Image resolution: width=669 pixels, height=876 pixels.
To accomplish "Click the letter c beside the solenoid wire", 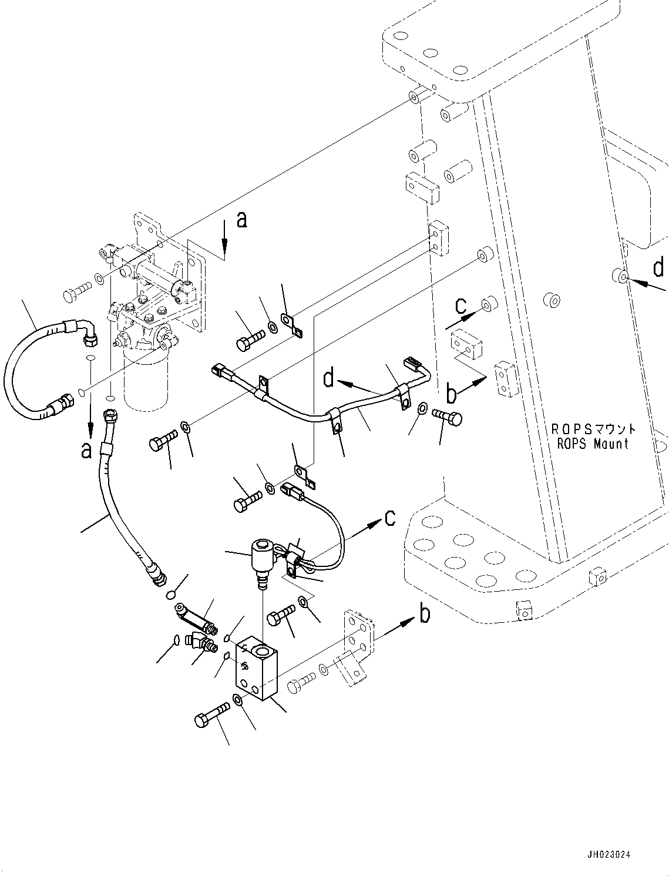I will coord(389,517).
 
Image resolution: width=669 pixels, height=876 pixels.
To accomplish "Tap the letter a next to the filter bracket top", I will coord(241,220).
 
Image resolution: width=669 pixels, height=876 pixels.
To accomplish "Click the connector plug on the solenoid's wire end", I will coord(292,489).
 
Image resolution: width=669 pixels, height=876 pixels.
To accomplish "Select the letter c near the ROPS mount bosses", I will coord(461,306).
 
